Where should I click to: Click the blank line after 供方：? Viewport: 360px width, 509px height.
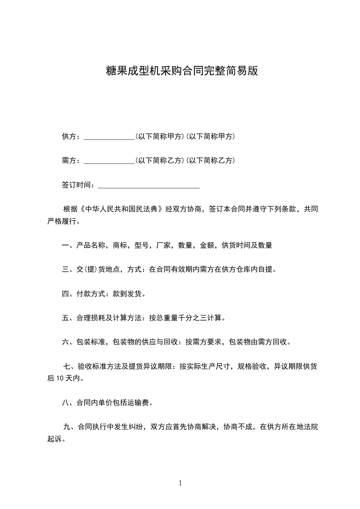tap(109, 137)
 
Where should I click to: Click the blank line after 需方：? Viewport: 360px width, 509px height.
tap(109, 161)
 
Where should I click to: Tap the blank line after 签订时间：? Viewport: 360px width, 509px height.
tap(149, 185)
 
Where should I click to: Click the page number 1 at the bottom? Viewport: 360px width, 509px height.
tap(180, 484)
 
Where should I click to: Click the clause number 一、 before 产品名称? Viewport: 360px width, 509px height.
tap(68, 245)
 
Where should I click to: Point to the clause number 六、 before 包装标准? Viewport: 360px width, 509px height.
tap(68, 342)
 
